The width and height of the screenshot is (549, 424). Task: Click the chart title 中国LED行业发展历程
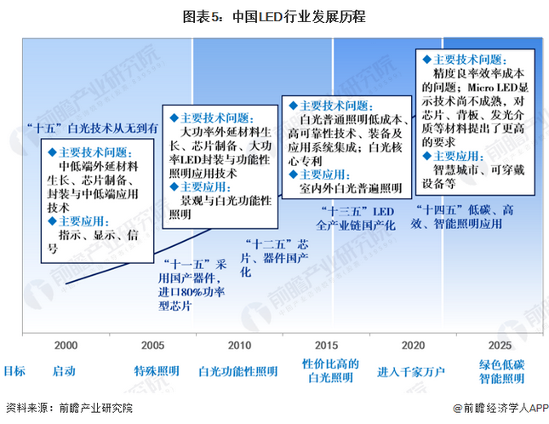pos(273,16)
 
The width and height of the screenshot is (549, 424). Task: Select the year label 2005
pos(152,345)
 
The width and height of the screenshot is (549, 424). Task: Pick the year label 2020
pos(413,345)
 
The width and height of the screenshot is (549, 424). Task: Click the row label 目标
pos(14,371)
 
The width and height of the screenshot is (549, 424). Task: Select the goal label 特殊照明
pos(156,371)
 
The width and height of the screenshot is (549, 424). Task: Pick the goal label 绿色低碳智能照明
pos(500,371)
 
